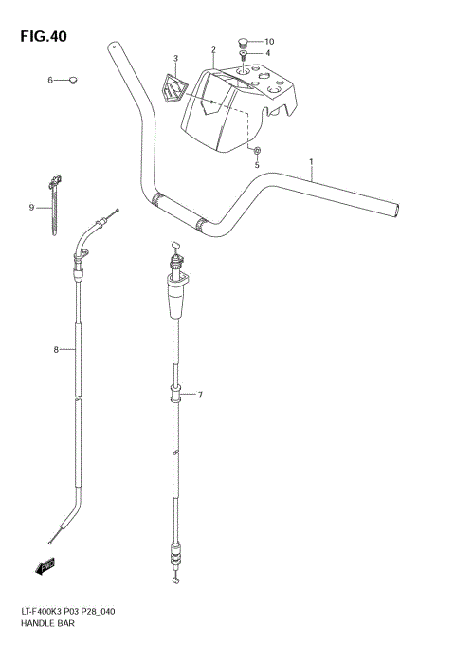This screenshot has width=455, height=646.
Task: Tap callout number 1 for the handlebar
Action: point(311,162)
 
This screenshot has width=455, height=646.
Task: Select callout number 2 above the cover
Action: point(214,49)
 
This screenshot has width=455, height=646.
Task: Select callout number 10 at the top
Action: point(268,41)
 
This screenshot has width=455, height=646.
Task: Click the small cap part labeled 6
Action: point(72,80)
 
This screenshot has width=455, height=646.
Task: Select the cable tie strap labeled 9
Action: point(52,204)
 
